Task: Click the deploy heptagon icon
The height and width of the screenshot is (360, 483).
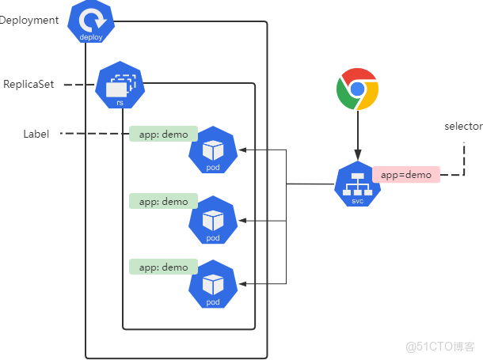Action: coord(91,24)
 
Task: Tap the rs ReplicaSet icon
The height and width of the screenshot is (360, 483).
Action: coord(120,86)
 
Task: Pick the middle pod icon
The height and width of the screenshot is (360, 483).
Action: coord(213,219)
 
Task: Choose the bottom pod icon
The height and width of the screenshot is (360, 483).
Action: coord(213,283)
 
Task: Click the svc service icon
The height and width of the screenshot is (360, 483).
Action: coord(357,184)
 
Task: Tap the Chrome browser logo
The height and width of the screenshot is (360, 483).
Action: coord(357,89)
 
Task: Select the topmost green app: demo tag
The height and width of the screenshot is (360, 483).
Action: coord(163,135)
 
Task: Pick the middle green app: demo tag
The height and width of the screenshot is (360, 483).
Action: coord(163,202)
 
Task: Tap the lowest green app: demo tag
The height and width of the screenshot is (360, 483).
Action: coord(163,267)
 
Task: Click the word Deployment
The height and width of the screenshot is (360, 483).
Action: coord(30,20)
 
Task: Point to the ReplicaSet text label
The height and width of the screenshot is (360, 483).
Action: coord(29,84)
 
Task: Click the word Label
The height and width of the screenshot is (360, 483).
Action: coord(36,135)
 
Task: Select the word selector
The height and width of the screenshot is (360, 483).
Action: coord(463,127)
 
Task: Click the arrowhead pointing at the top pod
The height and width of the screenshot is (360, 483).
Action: coord(242,150)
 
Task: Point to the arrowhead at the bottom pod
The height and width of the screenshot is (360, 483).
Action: coord(242,282)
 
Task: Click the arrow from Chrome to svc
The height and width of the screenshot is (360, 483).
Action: coord(357,135)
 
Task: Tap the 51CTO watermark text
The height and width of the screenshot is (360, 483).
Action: coord(439,347)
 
